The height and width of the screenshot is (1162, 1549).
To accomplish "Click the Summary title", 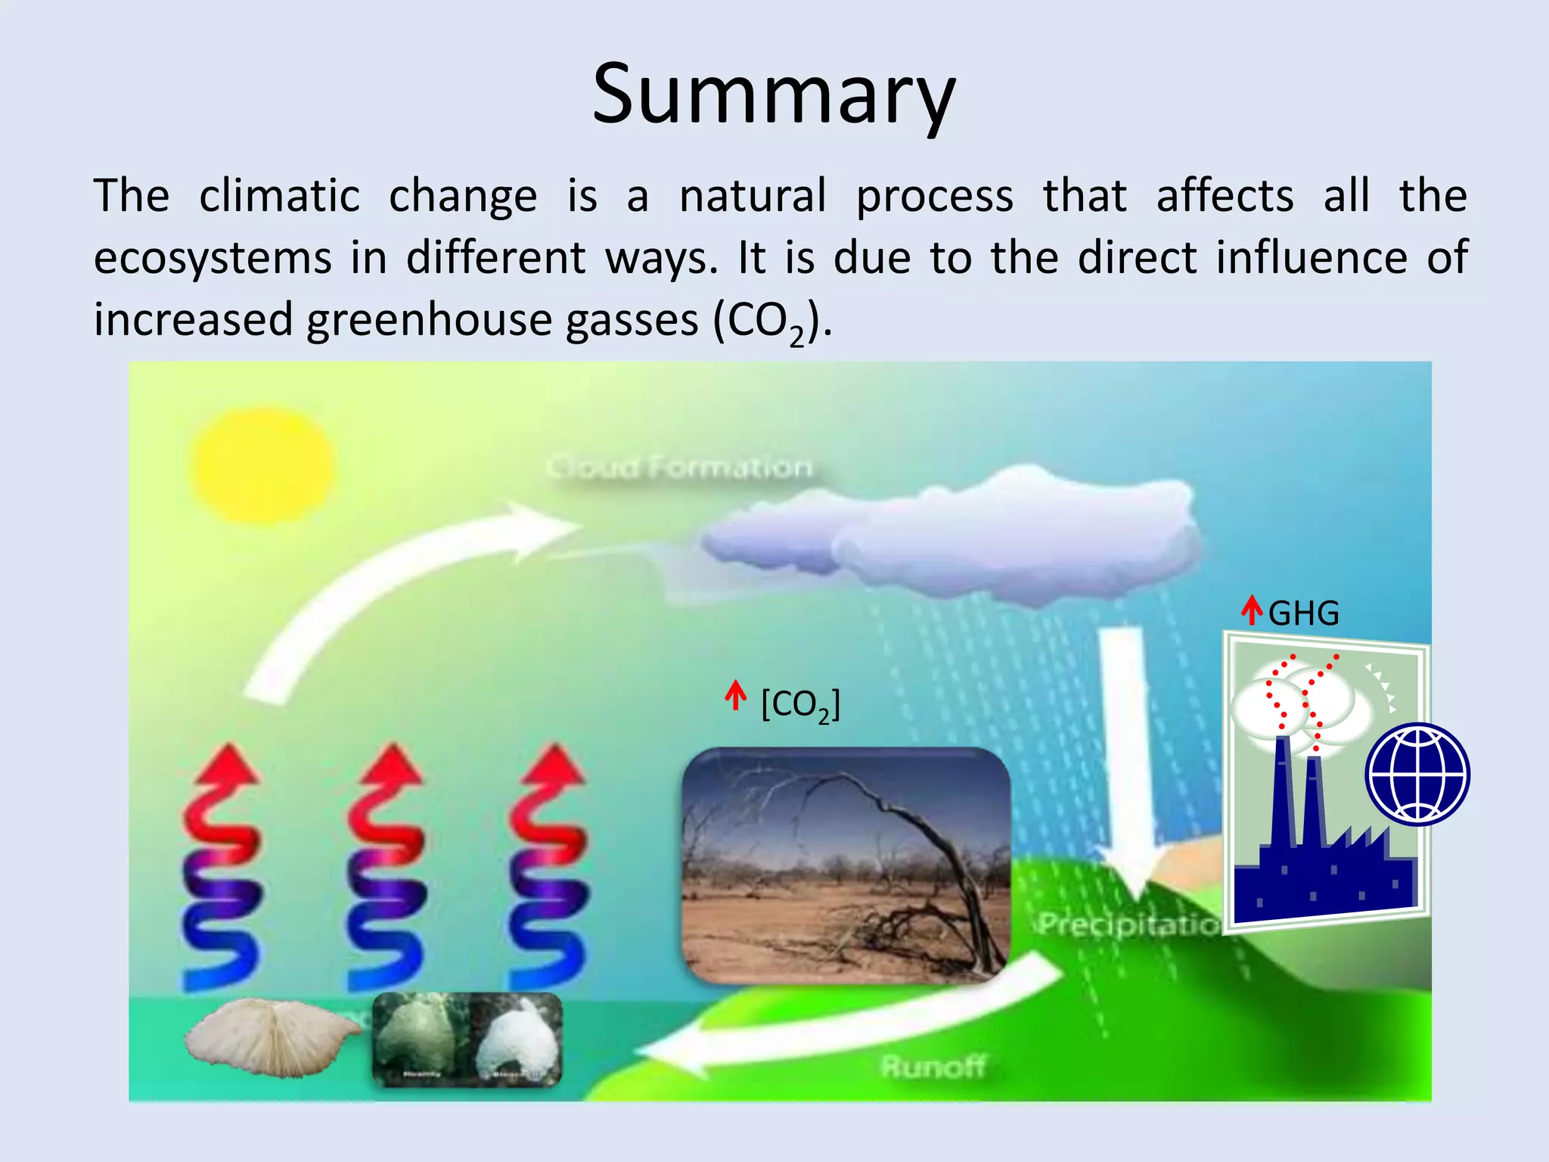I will coord(774,95).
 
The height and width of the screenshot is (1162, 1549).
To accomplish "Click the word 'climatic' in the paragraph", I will coord(279,196).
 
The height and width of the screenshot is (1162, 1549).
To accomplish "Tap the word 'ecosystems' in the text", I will coord(213,258).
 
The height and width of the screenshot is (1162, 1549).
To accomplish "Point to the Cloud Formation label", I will coord(678,467).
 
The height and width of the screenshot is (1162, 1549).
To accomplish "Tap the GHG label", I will coord(1303,614).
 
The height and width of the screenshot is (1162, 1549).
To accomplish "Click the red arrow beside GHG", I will coord(1252,610).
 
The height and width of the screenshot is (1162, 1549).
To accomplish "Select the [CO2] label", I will coord(800,705).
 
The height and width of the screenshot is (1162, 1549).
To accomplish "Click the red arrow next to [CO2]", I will coord(735,695).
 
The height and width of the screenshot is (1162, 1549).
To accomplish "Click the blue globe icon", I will coord(1417,774).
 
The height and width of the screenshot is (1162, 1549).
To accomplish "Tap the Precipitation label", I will coord(1127,924).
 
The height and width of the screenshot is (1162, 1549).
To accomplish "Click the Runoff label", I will coord(933,1067).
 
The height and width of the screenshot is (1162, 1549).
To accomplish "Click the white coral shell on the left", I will coord(272,1036).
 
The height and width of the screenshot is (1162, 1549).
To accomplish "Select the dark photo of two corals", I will coord(467,1039).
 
